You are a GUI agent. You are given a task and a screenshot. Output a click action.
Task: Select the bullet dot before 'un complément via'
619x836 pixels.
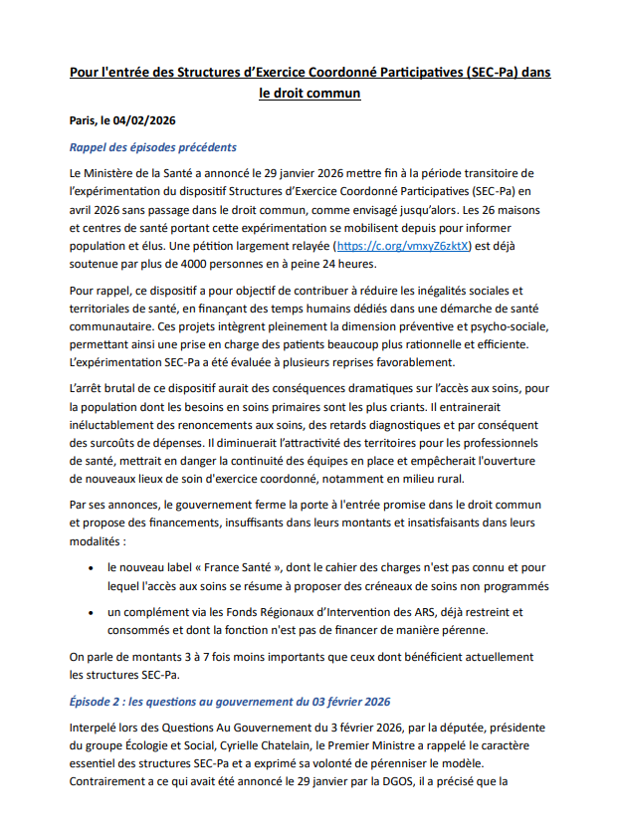(93, 612)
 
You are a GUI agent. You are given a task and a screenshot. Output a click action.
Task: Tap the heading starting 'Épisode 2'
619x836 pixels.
(230, 701)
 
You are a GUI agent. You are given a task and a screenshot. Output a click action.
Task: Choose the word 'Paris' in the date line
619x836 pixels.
(84, 120)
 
